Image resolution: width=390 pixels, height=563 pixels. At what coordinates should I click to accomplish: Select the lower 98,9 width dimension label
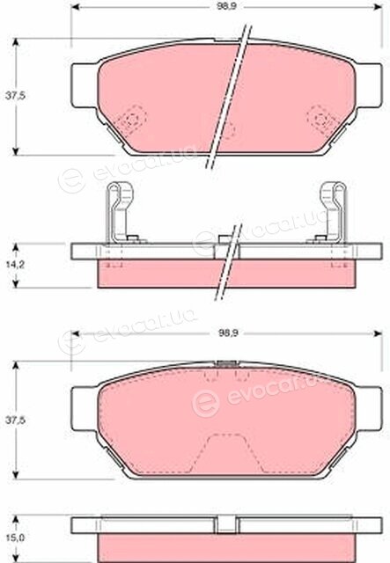[228, 333]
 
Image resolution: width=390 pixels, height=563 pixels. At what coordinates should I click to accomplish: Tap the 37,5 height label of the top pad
[15, 96]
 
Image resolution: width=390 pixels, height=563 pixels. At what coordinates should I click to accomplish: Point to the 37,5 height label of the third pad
[15, 420]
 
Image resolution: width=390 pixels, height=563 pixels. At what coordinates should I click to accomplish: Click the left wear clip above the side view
[121, 213]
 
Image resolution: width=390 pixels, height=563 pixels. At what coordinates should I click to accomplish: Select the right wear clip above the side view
[331, 213]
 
